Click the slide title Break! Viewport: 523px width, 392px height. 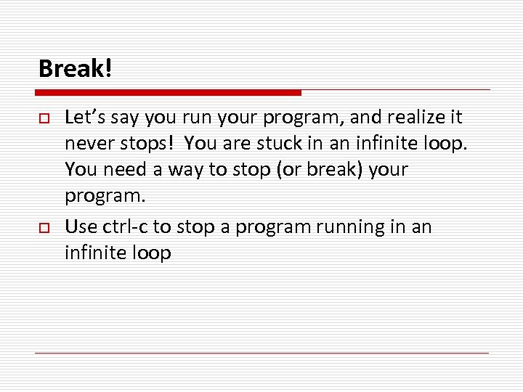click(76, 69)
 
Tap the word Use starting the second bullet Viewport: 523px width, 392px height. click(81, 227)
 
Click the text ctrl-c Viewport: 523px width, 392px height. click(123, 227)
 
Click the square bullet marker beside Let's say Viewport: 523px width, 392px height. click(42, 118)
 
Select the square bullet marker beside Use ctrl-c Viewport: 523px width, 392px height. click(42, 228)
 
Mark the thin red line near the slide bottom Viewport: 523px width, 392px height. click(261, 353)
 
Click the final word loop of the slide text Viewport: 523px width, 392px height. click(150, 253)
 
